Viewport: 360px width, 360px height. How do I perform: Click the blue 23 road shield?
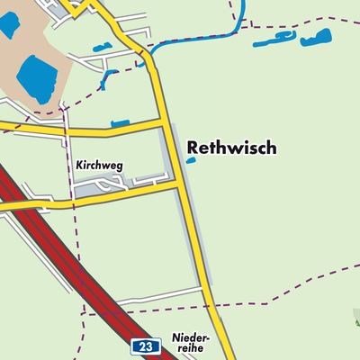click(146, 346)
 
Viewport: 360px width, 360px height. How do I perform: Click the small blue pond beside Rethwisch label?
click(190, 161)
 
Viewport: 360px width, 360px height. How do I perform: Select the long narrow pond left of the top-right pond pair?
click(274, 40)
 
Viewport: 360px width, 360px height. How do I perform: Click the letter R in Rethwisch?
click(193, 148)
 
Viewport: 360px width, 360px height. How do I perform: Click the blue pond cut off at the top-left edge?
click(10, 23)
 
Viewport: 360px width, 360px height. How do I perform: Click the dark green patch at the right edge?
click(355, 318)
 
